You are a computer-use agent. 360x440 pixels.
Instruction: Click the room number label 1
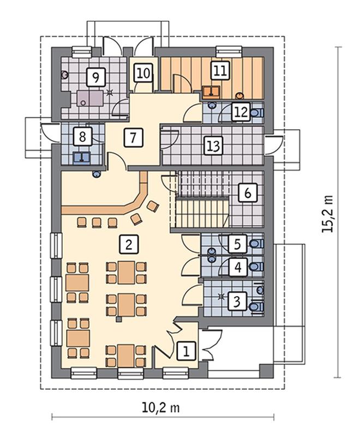coord(186,351)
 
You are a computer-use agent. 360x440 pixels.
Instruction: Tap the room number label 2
coord(129,244)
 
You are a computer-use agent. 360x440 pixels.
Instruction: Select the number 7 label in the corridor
coord(133,137)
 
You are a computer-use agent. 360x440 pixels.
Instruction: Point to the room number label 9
coord(96,77)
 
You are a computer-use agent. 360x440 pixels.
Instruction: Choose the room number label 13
coord(214,146)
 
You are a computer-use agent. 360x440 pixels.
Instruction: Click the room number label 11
coord(220,70)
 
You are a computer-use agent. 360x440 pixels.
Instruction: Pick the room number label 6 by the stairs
coord(248,193)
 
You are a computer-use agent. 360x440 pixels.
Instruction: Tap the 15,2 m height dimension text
coord(327,213)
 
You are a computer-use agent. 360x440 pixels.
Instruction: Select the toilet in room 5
coord(257,243)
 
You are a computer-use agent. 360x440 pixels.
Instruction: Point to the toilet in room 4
coord(257,266)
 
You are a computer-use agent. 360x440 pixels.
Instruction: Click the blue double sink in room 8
coord(82,157)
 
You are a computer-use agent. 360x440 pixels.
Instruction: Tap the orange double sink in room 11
coord(211,92)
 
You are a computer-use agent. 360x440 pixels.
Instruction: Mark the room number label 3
coord(237,301)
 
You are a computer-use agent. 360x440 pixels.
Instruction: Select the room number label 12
coord(241,112)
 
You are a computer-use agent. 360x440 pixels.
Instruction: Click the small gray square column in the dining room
coord(119,319)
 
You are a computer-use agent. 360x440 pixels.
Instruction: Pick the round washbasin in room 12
coord(212,106)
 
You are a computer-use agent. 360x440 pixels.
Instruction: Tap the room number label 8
coord(82,137)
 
